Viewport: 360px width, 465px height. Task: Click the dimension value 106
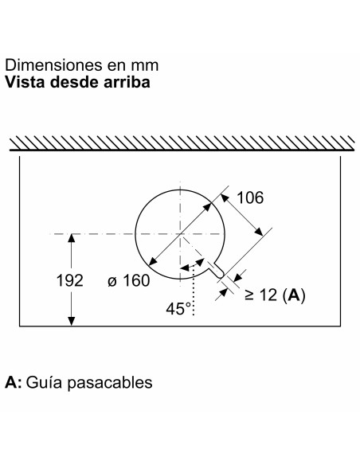coord(250,197)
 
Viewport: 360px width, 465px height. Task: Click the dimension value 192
coord(69,280)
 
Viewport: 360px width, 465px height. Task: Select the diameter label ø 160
coord(129,280)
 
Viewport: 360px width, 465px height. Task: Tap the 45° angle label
coord(178,309)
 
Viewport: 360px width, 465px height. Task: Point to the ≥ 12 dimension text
coord(261,295)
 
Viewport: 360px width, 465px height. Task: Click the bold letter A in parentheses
coord(294,295)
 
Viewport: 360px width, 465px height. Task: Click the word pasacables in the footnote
coord(109,382)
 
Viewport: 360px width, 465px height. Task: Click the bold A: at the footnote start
coord(14,382)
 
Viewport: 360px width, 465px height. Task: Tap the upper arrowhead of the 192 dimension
coord(71,238)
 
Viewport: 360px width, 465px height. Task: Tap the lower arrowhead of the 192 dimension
coord(71,322)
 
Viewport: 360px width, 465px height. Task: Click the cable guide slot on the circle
coord(216,270)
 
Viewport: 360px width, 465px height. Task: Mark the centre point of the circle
coord(180,234)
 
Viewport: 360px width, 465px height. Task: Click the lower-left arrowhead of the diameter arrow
coord(152,261)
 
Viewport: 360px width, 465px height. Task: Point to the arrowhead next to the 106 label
coord(226,198)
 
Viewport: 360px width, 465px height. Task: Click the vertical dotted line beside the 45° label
coord(194,290)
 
